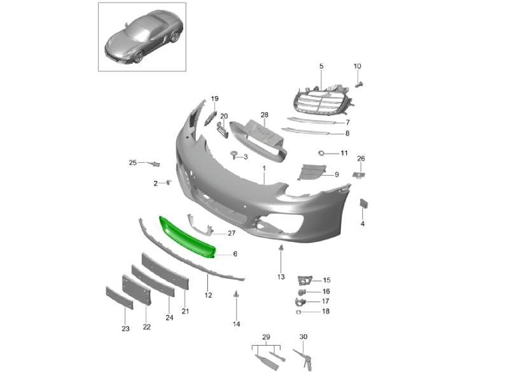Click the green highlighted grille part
click(186, 237)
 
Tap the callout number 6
click(235, 253)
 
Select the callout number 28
click(265, 115)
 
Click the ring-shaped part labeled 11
click(322, 153)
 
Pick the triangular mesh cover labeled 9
click(312, 171)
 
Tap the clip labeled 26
click(359, 174)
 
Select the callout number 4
click(363, 224)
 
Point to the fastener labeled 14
click(236, 294)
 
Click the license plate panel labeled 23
click(119, 298)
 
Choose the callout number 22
click(147, 327)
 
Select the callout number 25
click(133, 162)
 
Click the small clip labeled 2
click(168, 182)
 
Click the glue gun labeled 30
click(304, 360)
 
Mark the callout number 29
click(266, 337)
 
